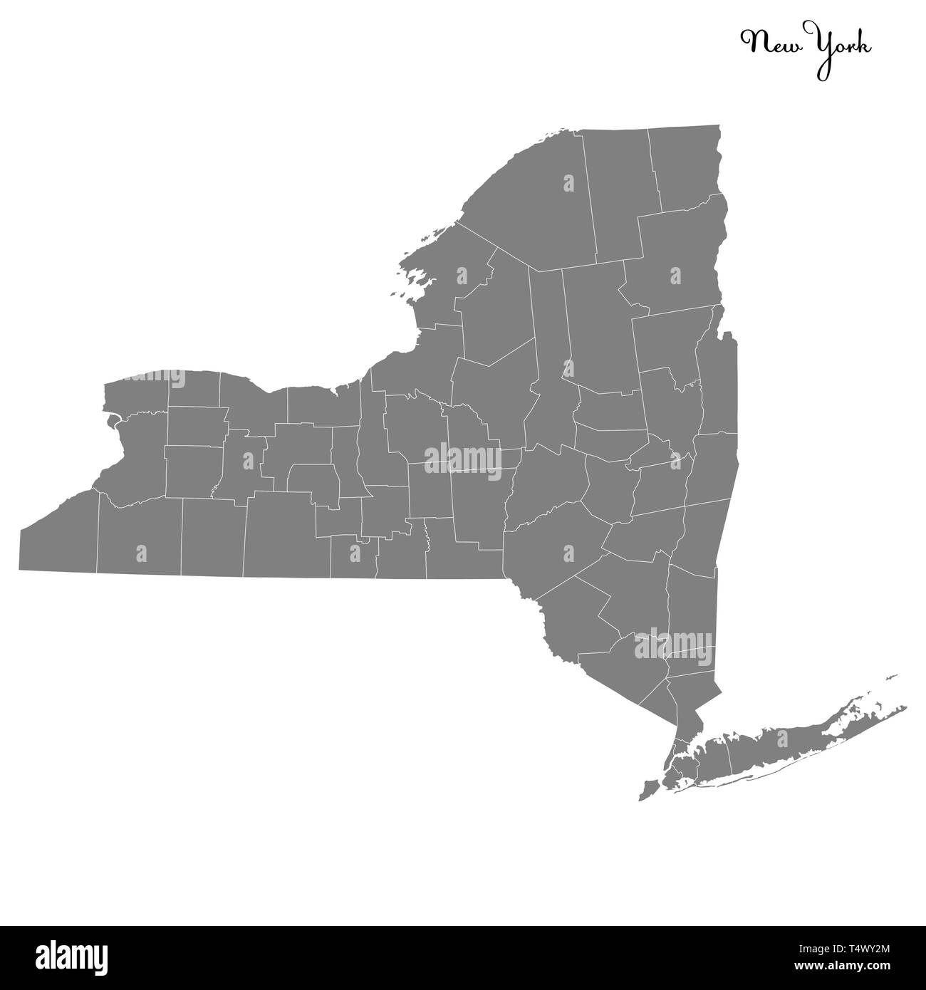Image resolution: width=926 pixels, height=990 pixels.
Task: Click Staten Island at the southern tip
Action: click(x=648, y=790)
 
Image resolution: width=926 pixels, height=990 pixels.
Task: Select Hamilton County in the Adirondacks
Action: click(x=602, y=328)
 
